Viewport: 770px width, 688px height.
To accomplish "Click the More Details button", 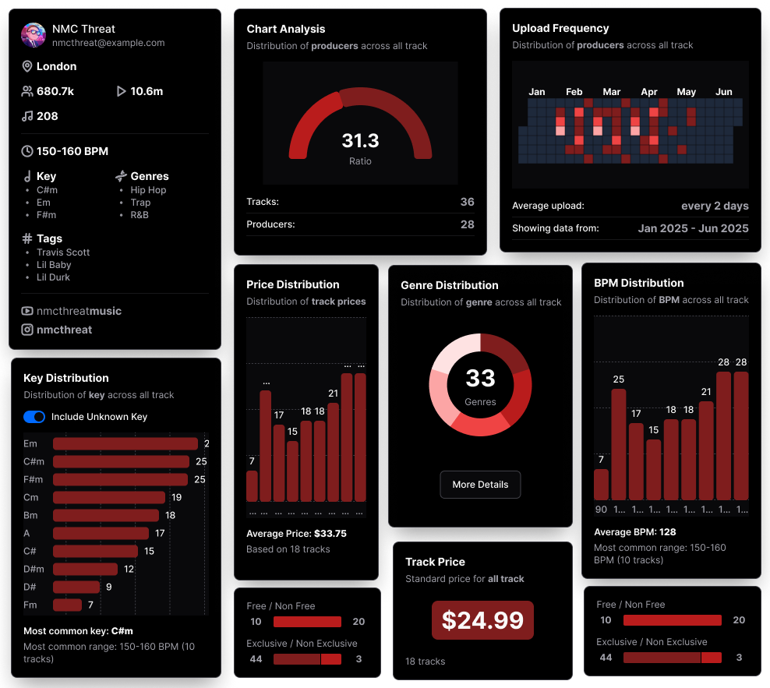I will [x=480, y=485].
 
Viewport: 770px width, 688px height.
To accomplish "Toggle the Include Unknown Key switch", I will [x=34, y=417].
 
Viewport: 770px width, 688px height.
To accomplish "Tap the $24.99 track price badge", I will [x=482, y=620].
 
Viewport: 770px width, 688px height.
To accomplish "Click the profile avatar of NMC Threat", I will [x=33, y=36].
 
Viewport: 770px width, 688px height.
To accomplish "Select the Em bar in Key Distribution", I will [x=125, y=444].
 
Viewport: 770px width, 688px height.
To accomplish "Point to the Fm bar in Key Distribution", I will [x=67, y=605].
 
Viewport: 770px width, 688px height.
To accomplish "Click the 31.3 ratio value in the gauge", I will [x=360, y=141].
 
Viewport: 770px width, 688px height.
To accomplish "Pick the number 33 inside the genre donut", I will [x=480, y=379].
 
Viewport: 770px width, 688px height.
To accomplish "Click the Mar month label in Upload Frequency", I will [x=612, y=92].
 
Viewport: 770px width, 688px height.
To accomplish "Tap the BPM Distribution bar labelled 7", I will [x=601, y=484].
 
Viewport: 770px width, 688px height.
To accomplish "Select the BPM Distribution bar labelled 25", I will [x=619, y=444].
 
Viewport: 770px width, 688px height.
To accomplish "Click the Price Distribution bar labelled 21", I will [x=333, y=452].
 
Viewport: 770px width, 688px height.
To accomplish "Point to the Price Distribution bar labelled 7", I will [x=252, y=485].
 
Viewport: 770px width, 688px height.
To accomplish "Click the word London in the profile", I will [x=56, y=66].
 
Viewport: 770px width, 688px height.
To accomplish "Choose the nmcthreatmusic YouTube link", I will [x=79, y=311].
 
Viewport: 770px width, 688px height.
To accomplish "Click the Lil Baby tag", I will [x=54, y=265].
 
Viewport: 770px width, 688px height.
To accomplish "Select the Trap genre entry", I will [x=140, y=203].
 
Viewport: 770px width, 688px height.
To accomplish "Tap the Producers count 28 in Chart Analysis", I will [x=467, y=224].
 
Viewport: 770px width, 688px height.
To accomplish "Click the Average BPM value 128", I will [x=667, y=532].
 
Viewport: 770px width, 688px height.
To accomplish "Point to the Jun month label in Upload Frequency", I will [x=724, y=92].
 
